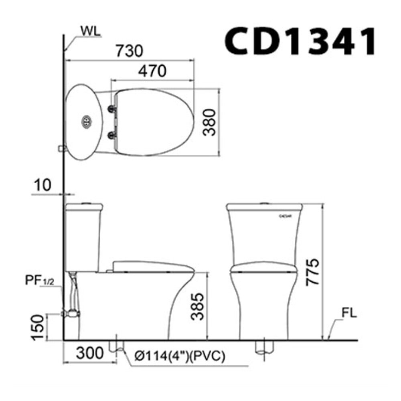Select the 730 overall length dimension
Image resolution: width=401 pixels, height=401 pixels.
click(129, 51)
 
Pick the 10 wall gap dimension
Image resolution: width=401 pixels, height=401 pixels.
click(43, 185)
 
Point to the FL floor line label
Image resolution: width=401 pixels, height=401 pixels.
click(349, 313)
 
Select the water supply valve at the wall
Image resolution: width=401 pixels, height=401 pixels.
click(71, 313)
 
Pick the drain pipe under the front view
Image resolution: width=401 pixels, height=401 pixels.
click(265, 348)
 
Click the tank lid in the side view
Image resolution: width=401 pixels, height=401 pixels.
click(84, 207)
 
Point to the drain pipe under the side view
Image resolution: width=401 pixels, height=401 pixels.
click(116, 346)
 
